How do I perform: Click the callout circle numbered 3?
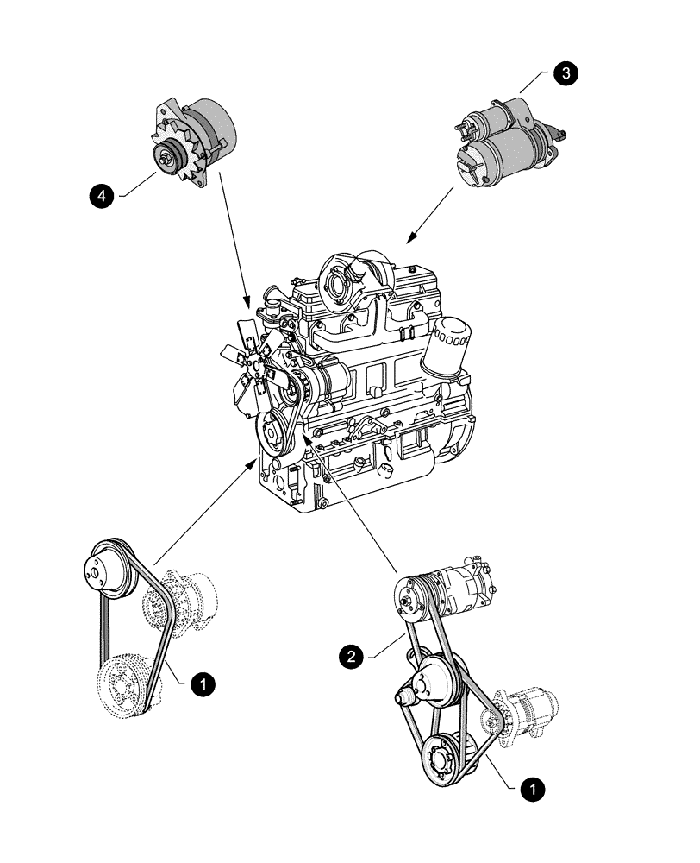pyautogui.click(x=566, y=74)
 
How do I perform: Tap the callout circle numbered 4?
pyautogui.click(x=103, y=197)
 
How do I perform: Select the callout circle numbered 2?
pyautogui.click(x=351, y=658)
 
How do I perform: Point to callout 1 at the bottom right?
pyautogui.click(x=534, y=788)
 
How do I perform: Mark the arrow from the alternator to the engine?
pyautogui.click(x=234, y=238)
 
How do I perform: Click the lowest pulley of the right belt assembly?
pyautogui.click(x=448, y=756)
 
